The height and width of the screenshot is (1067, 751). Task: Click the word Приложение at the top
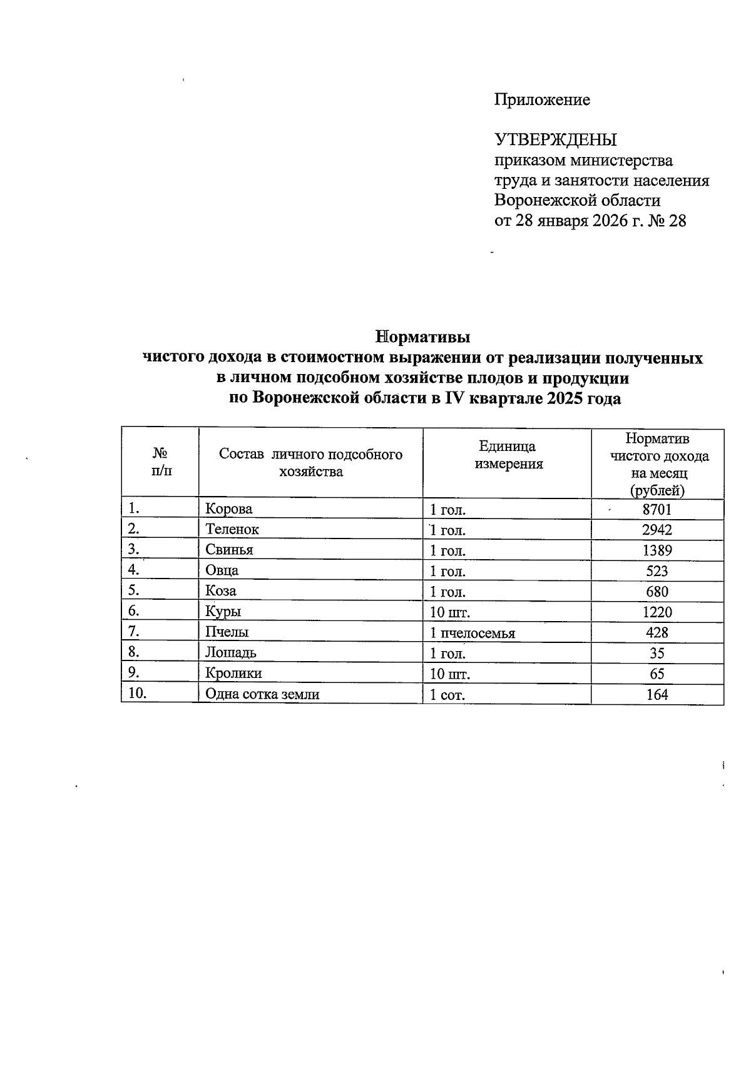click(x=542, y=100)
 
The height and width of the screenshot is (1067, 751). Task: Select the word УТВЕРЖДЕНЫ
click(x=556, y=139)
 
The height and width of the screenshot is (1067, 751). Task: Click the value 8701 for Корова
click(x=657, y=510)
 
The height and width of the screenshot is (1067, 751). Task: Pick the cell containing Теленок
click(x=232, y=529)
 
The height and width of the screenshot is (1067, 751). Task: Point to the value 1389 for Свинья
click(x=657, y=550)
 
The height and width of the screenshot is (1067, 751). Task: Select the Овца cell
click(x=222, y=570)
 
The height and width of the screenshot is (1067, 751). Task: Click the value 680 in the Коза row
click(x=657, y=592)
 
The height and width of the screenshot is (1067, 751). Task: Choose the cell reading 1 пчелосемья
click(x=473, y=633)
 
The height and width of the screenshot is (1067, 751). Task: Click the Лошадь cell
click(x=231, y=653)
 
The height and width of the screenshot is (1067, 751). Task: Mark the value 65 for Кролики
click(x=657, y=674)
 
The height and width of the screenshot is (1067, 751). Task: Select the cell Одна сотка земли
click(x=262, y=694)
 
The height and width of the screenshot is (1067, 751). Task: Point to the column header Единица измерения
click(x=508, y=455)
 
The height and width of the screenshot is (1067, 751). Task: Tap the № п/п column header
click(x=160, y=462)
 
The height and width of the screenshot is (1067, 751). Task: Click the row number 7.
click(x=133, y=632)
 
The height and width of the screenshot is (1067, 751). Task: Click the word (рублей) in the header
click(x=657, y=490)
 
